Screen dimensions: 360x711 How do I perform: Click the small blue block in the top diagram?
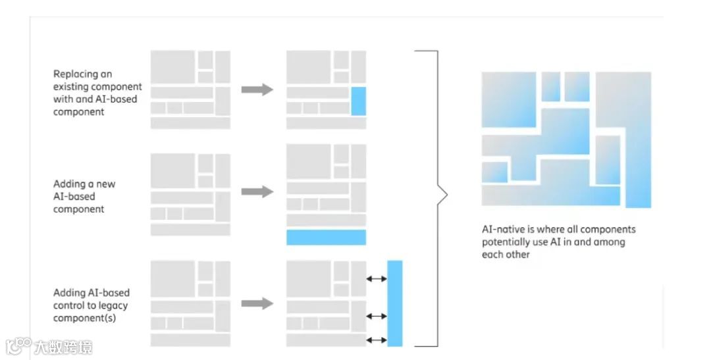tap(358, 101)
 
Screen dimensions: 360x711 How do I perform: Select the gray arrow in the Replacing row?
tap(257, 90)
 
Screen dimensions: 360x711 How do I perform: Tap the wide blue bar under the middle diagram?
tap(326, 237)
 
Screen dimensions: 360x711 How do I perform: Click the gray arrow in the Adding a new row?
tap(257, 192)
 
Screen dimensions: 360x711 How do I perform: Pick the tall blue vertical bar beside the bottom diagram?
tap(394, 303)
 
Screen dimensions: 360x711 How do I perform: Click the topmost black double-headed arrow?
tap(377, 279)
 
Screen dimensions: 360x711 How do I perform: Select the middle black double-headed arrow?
tap(377, 317)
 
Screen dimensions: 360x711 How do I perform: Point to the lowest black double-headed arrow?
tap(377, 340)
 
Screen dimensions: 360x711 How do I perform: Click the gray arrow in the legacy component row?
tap(257, 303)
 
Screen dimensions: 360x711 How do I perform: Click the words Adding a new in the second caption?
tap(84, 184)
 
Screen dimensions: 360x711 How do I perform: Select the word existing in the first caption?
tap(70, 87)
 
